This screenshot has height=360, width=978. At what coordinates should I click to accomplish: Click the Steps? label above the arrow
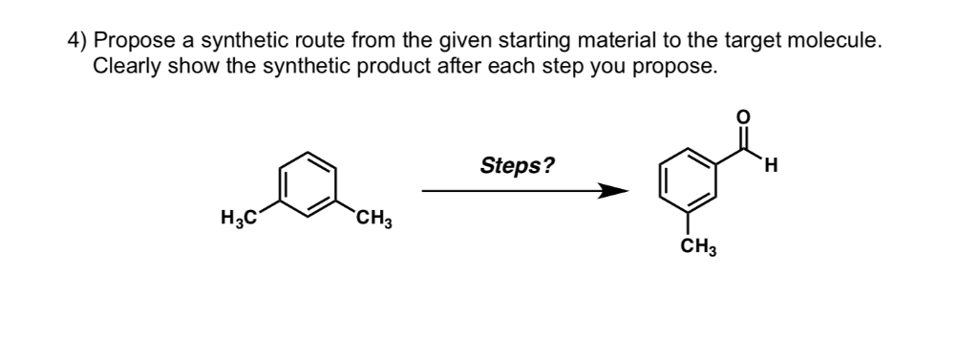click(x=516, y=166)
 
